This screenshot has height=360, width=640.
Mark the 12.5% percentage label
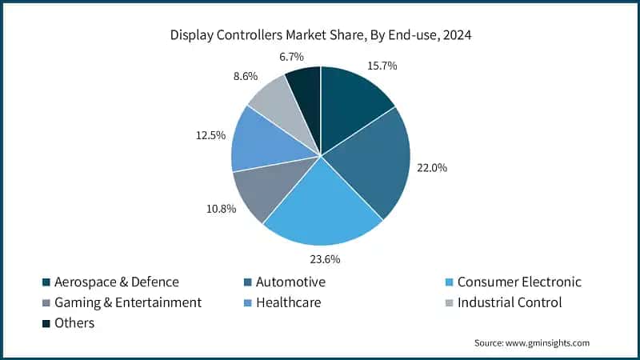point(212,137)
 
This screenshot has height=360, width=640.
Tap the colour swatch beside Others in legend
point(46,323)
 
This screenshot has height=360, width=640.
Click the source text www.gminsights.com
point(531,342)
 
